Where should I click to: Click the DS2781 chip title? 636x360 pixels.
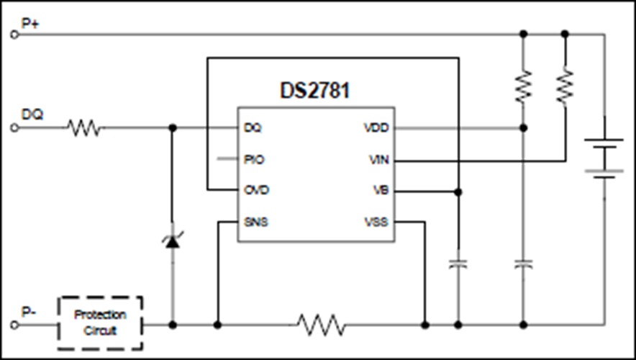314,90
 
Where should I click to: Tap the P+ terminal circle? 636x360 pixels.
14,35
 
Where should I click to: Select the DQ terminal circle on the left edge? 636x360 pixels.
14,128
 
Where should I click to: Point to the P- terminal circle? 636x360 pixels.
14,325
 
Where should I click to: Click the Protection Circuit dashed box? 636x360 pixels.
100,323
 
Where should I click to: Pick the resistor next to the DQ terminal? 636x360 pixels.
84,128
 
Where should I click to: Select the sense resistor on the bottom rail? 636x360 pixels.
321,325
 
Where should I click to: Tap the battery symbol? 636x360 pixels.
604,158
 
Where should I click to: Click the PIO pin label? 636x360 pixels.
254,160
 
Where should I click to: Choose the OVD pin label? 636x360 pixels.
256,190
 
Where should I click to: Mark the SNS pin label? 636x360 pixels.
256,222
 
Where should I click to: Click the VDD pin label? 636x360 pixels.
376,128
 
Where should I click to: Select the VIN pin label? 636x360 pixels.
379,160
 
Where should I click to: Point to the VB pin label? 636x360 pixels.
381,190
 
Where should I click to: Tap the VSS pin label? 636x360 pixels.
376,222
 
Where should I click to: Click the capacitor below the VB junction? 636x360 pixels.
458,264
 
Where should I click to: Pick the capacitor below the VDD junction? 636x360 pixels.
523,264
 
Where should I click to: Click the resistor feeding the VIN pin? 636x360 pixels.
565,86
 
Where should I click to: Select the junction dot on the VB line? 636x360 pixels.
458,192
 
